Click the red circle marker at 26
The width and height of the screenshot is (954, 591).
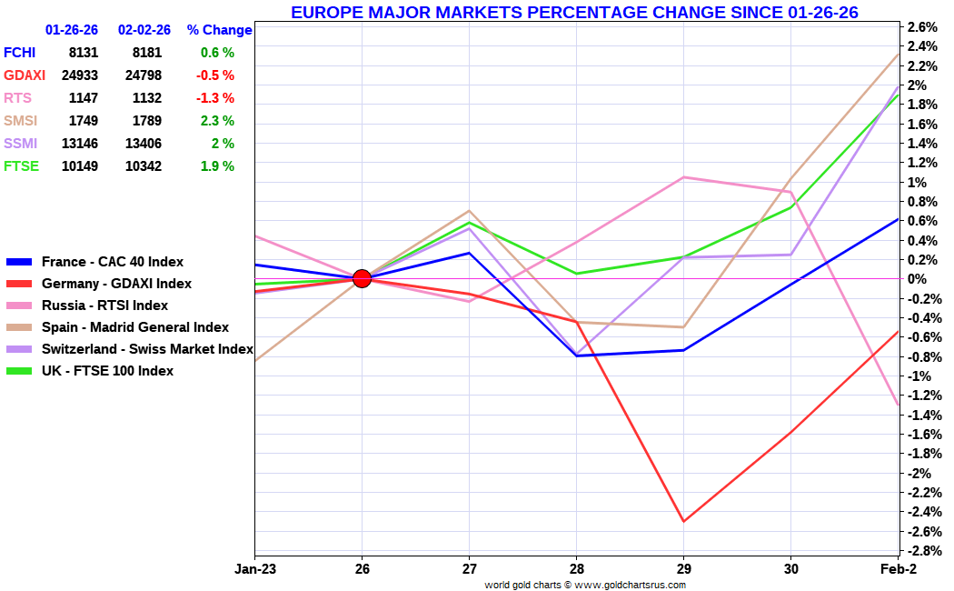(362, 278)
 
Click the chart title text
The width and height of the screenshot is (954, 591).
(574, 12)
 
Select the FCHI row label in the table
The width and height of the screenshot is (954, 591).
(20, 53)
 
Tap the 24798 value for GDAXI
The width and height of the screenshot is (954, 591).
(144, 75)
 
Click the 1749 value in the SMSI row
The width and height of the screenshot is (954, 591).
(83, 121)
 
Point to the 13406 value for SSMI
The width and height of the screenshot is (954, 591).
(144, 144)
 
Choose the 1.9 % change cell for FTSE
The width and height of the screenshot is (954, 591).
(217, 166)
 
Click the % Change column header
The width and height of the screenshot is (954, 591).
(219, 30)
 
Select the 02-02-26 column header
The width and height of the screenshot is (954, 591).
(144, 30)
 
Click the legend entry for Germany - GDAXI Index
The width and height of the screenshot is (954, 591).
(116, 284)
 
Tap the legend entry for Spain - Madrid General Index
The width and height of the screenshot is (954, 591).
(134, 327)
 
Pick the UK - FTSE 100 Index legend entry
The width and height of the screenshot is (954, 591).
(107, 371)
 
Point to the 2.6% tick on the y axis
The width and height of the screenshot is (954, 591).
(922, 26)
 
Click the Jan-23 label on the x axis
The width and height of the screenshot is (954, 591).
(255, 569)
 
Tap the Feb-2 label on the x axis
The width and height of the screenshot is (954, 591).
(898, 569)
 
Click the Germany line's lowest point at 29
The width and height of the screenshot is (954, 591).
(683, 522)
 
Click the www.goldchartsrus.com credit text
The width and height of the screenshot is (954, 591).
(630, 585)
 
